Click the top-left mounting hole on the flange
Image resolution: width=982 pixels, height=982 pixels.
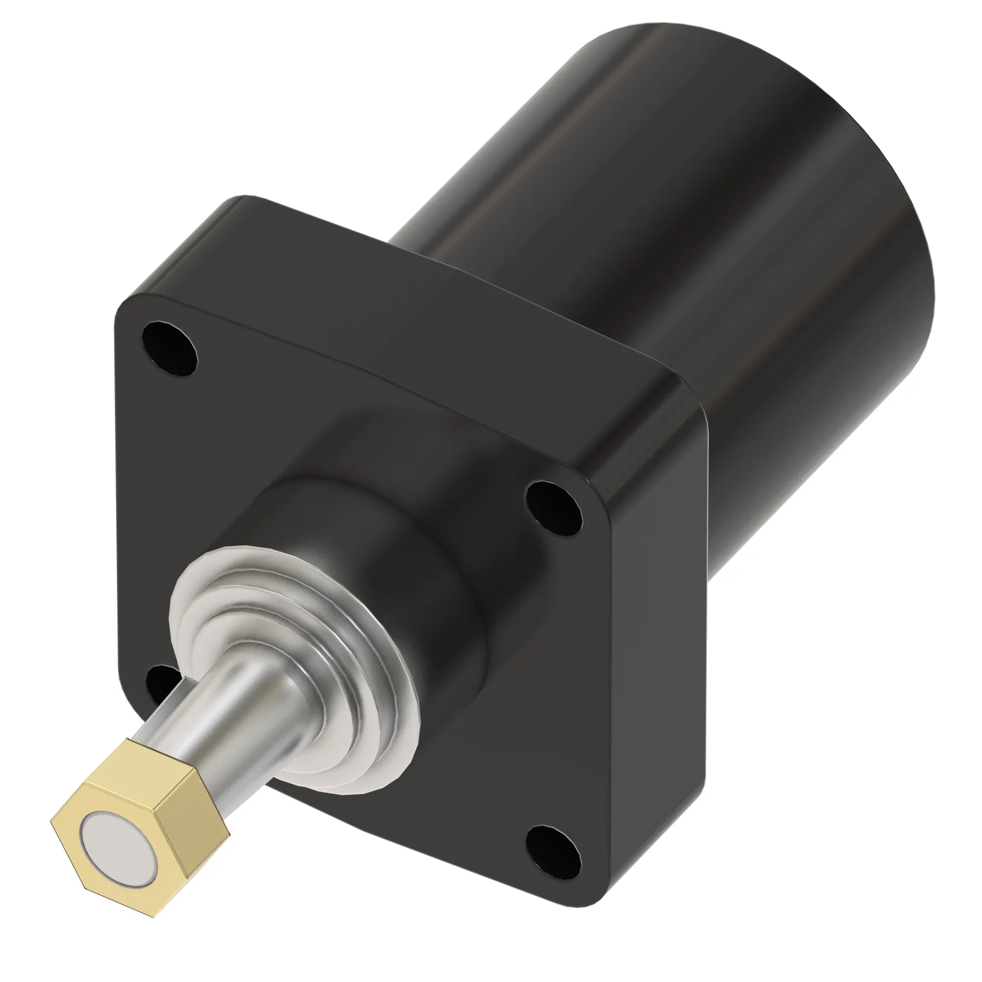[x=169, y=349]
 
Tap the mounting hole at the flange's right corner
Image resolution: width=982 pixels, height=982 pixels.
[x=554, y=509]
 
